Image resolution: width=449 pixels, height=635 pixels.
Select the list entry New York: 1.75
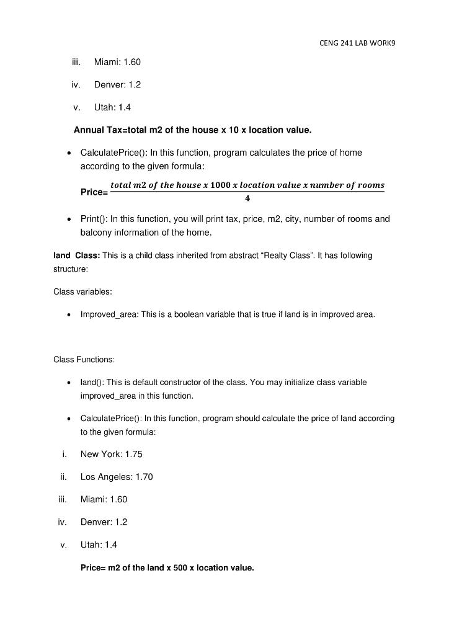(x=111, y=454)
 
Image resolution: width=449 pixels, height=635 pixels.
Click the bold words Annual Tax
(x=96, y=130)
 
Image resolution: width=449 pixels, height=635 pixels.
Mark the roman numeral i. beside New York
(x=64, y=454)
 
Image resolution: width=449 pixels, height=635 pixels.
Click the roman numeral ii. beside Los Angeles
(x=63, y=477)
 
